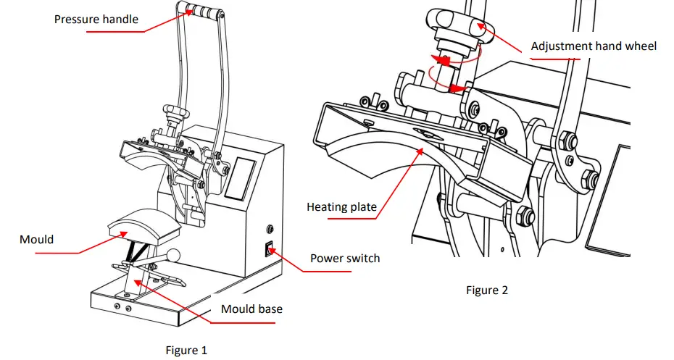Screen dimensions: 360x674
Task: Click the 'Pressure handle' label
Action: click(x=96, y=19)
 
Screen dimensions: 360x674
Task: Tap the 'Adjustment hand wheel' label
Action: click(x=594, y=46)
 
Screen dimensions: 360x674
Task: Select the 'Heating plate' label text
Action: click(x=341, y=207)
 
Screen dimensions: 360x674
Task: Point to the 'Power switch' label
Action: click(x=345, y=258)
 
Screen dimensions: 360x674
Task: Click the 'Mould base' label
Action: click(x=251, y=309)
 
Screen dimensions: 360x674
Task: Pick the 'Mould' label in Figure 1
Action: click(x=37, y=238)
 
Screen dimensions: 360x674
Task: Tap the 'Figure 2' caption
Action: click(x=486, y=290)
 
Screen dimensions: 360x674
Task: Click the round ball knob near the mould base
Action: click(x=175, y=255)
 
